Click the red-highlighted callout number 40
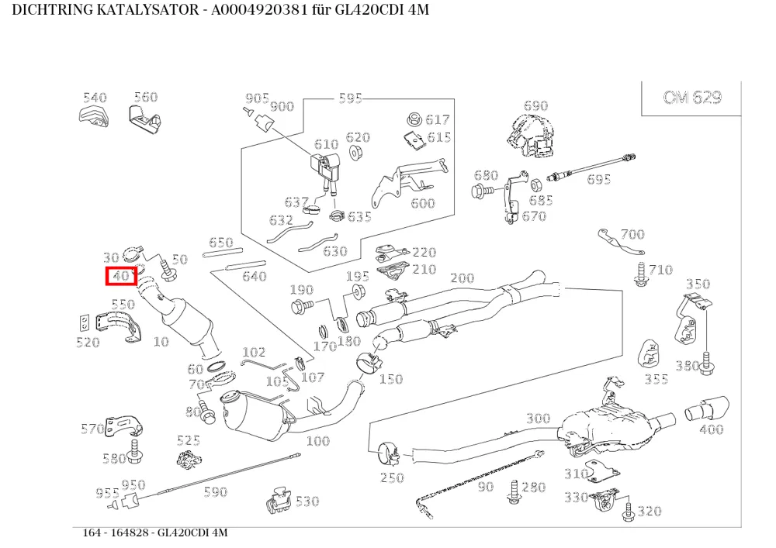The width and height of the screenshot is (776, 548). click(121, 276)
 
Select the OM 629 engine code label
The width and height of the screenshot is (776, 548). click(692, 97)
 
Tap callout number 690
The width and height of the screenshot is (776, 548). click(535, 105)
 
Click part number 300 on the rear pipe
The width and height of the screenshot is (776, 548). click(538, 419)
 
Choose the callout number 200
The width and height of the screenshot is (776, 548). click(462, 278)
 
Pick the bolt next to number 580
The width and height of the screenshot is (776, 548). click(133, 450)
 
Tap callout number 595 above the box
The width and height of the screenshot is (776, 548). click(351, 98)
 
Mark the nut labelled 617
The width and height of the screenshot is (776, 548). click(414, 119)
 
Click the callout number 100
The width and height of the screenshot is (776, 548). click(317, 441)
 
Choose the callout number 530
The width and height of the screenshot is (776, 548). click(307, 501)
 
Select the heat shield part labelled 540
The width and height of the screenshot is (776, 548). click(94, 117)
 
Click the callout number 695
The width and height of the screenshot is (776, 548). click(599, 179)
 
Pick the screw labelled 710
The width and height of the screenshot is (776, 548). click(640, 275)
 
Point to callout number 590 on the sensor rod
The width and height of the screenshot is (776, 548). click(216, 491)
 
